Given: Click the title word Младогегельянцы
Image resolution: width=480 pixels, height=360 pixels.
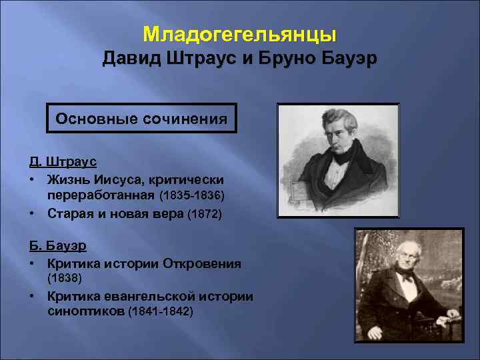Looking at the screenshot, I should tap(240, 33).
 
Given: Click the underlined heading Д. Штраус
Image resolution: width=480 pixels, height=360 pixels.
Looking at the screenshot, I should tap(63, 161).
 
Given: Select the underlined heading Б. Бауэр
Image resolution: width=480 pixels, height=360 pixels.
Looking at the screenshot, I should tap(58, 245).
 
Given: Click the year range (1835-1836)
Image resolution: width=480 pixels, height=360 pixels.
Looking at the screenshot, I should tap(192, 197).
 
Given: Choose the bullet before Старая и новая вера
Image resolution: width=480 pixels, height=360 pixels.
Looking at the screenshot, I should tap(32, 214).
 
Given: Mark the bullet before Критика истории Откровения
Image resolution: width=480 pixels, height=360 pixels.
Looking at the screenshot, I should tap(32, 263).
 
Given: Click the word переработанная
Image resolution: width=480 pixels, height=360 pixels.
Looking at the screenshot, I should tap(101, 197).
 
